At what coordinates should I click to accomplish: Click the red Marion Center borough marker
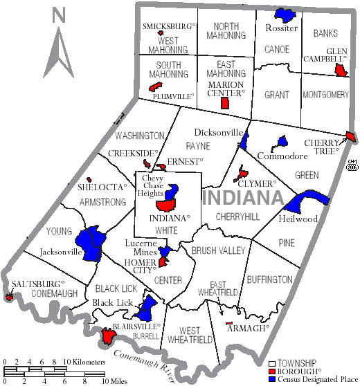pyautogui.click(x=224, y=103)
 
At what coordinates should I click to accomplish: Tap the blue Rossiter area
pyautogui.click(x=282, y=14)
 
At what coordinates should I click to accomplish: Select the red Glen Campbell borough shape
pyautogui.click(x=340, y=71)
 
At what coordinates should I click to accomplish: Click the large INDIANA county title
pyautogui.click(x=244, y=198)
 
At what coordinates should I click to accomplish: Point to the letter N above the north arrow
pyautogui.click(x=59, y=15)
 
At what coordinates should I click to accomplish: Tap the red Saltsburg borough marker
pyautogui.click(x=9, y=297)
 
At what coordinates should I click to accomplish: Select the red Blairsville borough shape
pyautogui.click(x=108, y=336)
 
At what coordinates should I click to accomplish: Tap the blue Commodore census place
pyautogui.click(x=282, y=143)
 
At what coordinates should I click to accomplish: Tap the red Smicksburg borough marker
pyautogui.click(x=160, y=33)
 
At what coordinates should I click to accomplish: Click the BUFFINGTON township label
pyautogui.click(x=269, y=279)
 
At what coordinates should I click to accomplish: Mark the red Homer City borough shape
pyautogui.click(x=163, y=261)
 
